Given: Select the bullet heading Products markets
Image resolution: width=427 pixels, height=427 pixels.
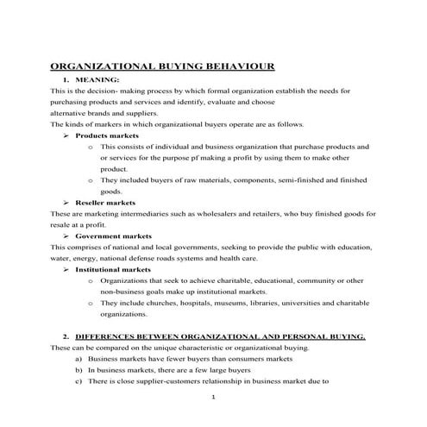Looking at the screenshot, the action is click(x=107, y=135).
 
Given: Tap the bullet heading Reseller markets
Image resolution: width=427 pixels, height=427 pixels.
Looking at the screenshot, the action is click(x=105, y=202).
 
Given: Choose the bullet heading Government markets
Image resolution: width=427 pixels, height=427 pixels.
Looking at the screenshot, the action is click(x=114, y=235).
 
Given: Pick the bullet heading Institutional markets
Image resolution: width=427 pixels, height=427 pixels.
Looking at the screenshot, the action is click(x=113, y=269).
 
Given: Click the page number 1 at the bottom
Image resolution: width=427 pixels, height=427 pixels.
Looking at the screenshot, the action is click(x=213, y=398).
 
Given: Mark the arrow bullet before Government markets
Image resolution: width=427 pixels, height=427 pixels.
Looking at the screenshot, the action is click(x=66, y=235).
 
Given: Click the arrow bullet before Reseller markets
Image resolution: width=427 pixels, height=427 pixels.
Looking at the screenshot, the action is click(x=66, y=202).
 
